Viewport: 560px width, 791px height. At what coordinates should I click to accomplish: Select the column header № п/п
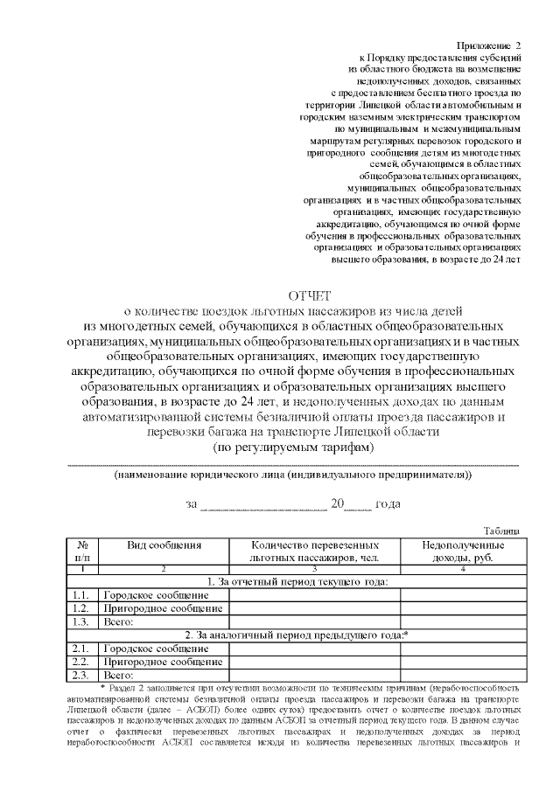click(82, 551)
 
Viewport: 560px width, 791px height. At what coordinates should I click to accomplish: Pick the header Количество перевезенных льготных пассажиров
click(314, 551)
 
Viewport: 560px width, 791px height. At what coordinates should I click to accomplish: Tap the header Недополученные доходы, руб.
click(463, 551)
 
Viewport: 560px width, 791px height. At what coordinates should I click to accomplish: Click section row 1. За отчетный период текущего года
click(297, 581)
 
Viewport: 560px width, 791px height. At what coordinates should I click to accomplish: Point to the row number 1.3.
click(81, 621)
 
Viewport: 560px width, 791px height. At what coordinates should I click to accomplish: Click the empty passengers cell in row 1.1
click(314, 595)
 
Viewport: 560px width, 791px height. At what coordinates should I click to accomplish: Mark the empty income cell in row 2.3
click(463, 675)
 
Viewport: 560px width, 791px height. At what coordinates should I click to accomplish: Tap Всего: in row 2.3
click(118, 675)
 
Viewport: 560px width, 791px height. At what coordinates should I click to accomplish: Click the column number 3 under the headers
click(314, 569)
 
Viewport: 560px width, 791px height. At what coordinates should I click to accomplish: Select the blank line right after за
click(263, 504)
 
